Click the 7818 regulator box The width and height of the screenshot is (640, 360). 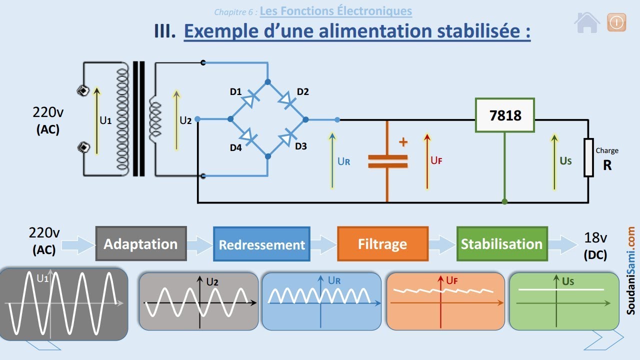pyautogui.click(x=505, y=115)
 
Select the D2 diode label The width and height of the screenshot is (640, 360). pyautogui.click(x=303, y=91)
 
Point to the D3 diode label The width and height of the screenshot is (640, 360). pyautogui.click(x=301, y=146)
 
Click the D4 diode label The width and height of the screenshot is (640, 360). pyautogui.click(x=235, y=147)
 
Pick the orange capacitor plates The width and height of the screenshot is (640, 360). pyautogui.click(x=387, y=161)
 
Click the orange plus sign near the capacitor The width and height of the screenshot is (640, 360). pyautogui.click(x=403, y=142)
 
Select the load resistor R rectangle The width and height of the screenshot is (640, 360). pyautogui.click(x=588, y=157)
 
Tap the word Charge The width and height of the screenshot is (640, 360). pyautogui.click(x=607, y=150)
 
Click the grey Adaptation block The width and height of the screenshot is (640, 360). pyautogui.click(x=141, y=243)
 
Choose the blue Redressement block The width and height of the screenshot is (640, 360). pyautogui.click(x=261, y=244)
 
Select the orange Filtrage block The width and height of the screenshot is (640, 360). pyautogui.click(x=383, y=244)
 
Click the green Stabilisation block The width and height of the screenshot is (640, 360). pyautogui.click(x=502, y=244)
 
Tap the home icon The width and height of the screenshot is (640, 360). pyautogui.click(x=587, y=22)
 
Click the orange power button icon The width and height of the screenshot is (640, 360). pyautogui.click(x=616, y=22)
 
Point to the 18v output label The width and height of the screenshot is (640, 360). pyautogui.click(x=595, y=237)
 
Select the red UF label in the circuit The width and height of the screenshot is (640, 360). pyautogui.click(x=436, y=160)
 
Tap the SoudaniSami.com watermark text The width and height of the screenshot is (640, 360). pyautogui.click(x=630, y=270)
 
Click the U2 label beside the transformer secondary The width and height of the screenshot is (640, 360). pyautogui.click(x=185, y=120)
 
